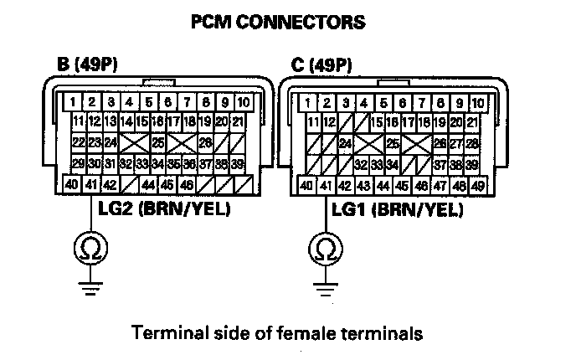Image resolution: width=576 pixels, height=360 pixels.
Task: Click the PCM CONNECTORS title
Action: point(279,22)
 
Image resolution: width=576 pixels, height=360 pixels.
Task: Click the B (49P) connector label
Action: point(87,64)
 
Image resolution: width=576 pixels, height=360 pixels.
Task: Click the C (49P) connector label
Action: point(321,65)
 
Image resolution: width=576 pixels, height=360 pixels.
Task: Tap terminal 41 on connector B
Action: point(90,184)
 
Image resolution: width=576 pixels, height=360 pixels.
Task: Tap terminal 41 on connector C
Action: point(326,186)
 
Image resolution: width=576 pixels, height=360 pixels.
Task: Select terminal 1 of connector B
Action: point(73,102)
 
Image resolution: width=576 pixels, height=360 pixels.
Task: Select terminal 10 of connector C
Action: point(478,103)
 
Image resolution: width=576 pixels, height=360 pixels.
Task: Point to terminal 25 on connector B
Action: point(158,142)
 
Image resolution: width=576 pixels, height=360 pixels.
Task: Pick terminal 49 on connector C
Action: point(477,186)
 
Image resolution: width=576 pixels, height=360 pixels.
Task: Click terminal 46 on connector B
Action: point(187,184)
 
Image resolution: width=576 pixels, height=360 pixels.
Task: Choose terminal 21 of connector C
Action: point(472,122)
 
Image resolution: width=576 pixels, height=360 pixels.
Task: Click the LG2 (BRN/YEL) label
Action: point(164,209)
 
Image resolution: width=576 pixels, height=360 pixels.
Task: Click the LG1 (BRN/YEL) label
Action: point(398,210)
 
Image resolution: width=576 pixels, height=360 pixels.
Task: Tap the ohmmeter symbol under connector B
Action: point(90,248)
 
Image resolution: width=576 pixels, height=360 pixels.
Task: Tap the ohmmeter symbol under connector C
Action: point(326,249)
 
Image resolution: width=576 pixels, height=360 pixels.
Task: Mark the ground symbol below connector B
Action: point(90,288)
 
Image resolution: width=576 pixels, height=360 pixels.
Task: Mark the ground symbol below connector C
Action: point(326,290)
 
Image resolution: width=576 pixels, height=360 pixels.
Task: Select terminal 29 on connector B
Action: point(79,163)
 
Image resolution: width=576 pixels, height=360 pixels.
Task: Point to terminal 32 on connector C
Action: point(361,165)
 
